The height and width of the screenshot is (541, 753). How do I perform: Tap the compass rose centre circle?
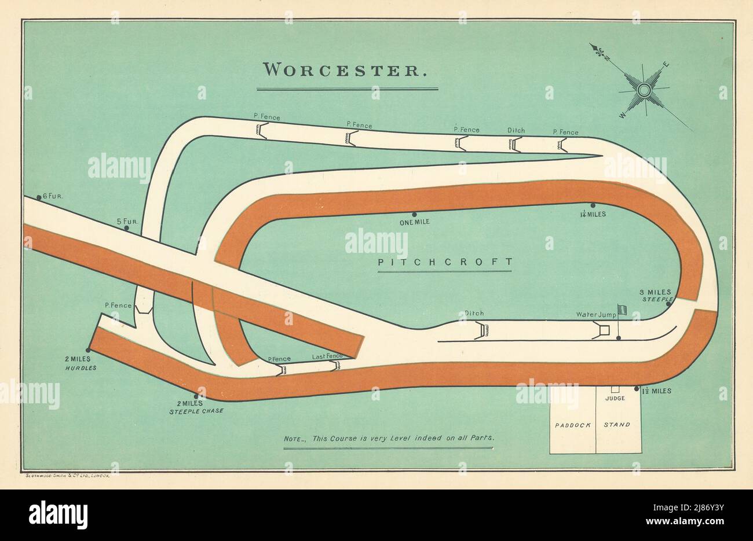pos(643,90)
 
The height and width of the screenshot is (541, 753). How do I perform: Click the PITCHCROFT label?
pos(445,262)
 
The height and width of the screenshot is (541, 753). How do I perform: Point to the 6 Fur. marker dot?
pos(39,198)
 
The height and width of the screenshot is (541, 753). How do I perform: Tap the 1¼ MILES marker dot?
pos(593,205)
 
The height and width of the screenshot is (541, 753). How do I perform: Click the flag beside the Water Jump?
pos(622,310)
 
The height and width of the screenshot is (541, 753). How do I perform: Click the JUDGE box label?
pos(613,399)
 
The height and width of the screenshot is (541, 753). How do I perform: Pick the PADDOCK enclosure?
pos(572,425)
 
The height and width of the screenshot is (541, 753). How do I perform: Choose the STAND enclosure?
pos(617,425)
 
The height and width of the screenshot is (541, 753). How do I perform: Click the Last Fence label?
pos(327,356)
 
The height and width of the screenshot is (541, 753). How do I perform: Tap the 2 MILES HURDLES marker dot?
pos(88,350)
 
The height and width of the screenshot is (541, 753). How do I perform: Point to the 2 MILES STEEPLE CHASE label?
pos(196,407)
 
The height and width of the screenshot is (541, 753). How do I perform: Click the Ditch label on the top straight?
pos(516,130)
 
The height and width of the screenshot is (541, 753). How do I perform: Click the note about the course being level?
pos(389,438)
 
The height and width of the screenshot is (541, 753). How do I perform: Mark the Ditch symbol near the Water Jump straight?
pos(482,330)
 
